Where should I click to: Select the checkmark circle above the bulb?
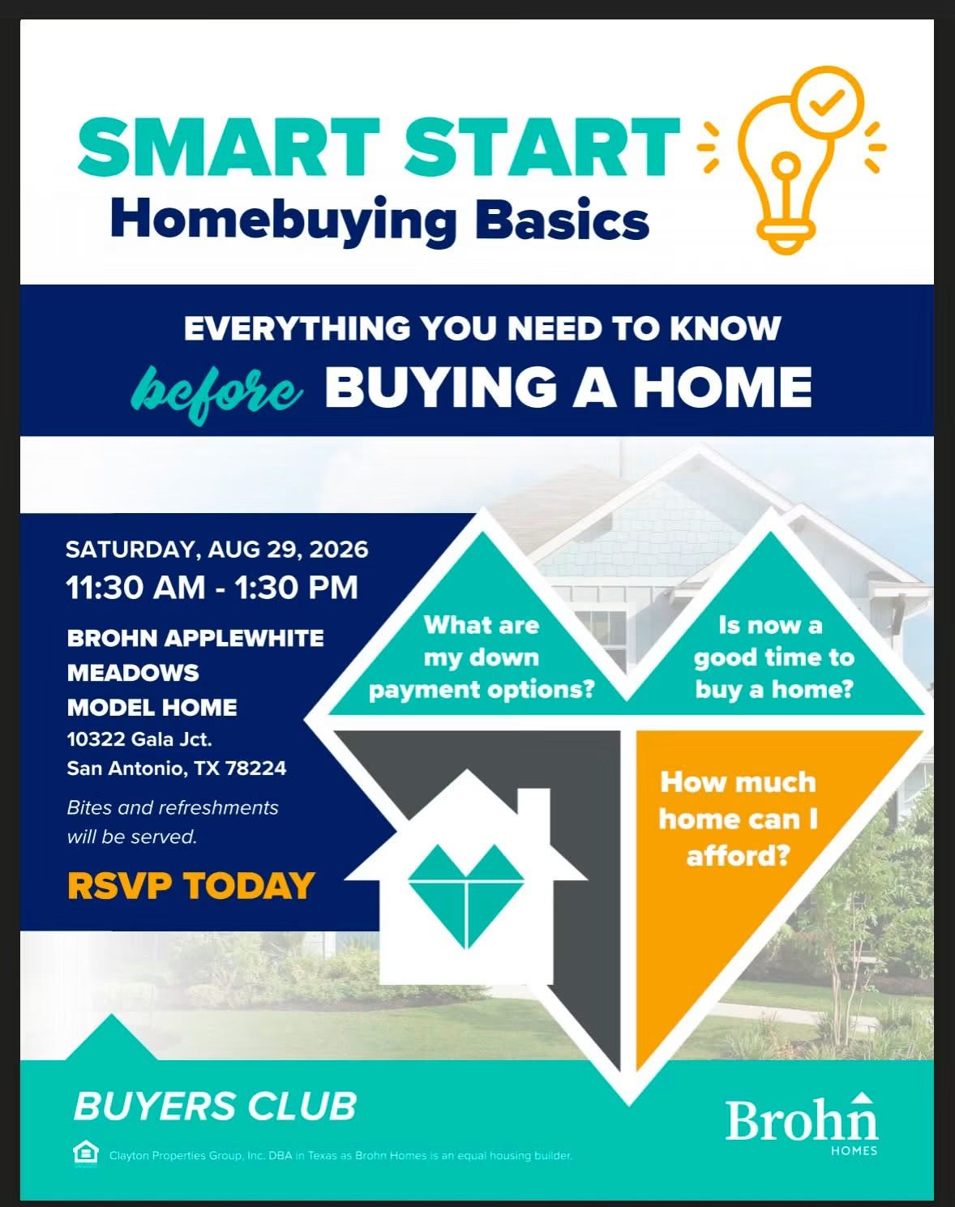click(827, 103)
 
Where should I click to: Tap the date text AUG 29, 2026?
click(288, 550)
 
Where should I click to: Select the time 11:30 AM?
click(135, 588)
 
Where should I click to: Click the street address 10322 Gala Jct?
click(139, 738)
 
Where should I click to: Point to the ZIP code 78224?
click(256, 768)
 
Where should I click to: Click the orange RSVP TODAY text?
click(191, 886)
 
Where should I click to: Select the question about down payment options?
click(482, 657)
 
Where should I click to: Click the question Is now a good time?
click(773, 657)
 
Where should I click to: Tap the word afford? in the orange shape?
click(739, 856)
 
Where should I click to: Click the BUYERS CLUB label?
click(215, 1106)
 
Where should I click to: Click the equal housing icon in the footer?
click(85, 1154)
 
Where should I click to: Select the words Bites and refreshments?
click(172, 807)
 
